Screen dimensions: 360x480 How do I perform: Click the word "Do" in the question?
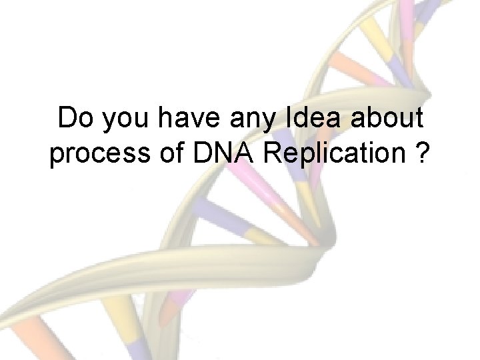[72, 119]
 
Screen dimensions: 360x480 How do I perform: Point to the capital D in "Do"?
[65, 119]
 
